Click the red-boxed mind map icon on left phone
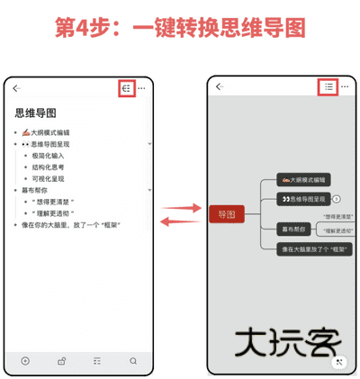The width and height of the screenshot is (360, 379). pyautogui.click(x=127, y=88)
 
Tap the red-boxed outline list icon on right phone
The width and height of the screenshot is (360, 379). pyautogui.click(x=328, y=87)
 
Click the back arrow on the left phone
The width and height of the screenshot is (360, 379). pyautogui.click(x=17, y=88)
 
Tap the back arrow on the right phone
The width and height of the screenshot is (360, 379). pyautogui.click(x=219, y=87)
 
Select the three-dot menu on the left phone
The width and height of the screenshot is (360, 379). pyautogui.click(x=142, y=88)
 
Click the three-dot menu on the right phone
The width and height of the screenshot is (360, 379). pyautogui.click(x=345, y=87)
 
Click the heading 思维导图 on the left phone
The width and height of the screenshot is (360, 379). pyautogui.click(x=36, y=113)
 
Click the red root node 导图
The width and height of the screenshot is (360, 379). pyautogui.click(x=227, y=214)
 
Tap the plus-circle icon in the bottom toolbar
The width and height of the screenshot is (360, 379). pyautogui.click(x=24, y=361)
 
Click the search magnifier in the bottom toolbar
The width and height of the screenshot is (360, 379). pyautogui.click(x=133, y=361)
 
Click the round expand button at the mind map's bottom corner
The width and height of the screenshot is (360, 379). pyautogui.click(x=338, y=362)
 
